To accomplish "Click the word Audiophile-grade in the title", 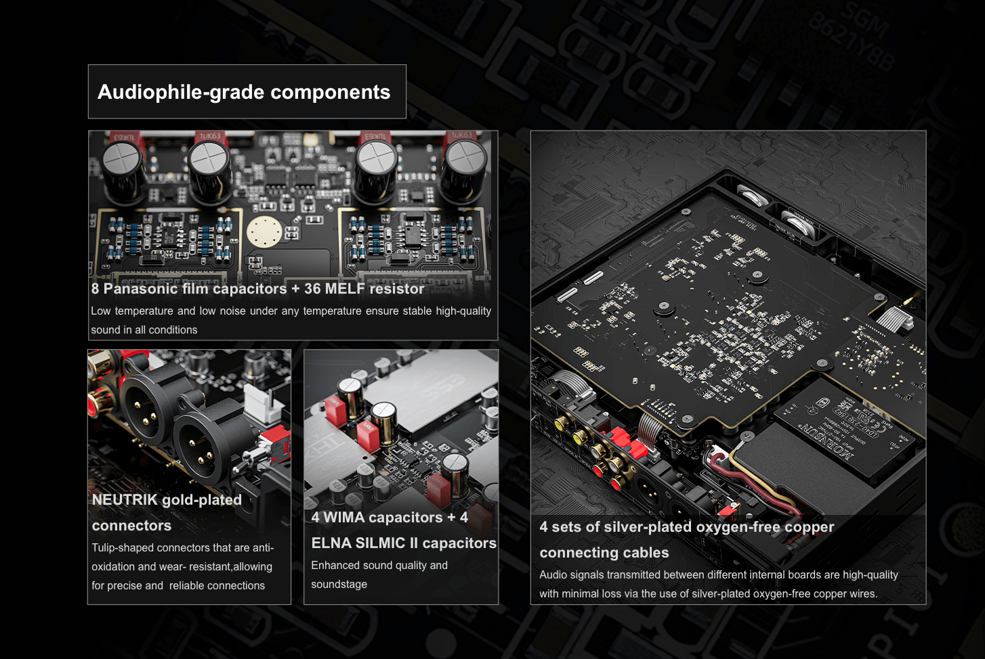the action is pos(180,93).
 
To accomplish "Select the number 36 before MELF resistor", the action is pos(312,288).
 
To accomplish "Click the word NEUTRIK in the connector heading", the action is pos(125,499).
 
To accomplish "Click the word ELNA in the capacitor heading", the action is pos(331,543).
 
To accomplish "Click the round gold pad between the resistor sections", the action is pos(264,231).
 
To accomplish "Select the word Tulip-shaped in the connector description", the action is pos(123,548).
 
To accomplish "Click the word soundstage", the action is pos(339,585).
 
